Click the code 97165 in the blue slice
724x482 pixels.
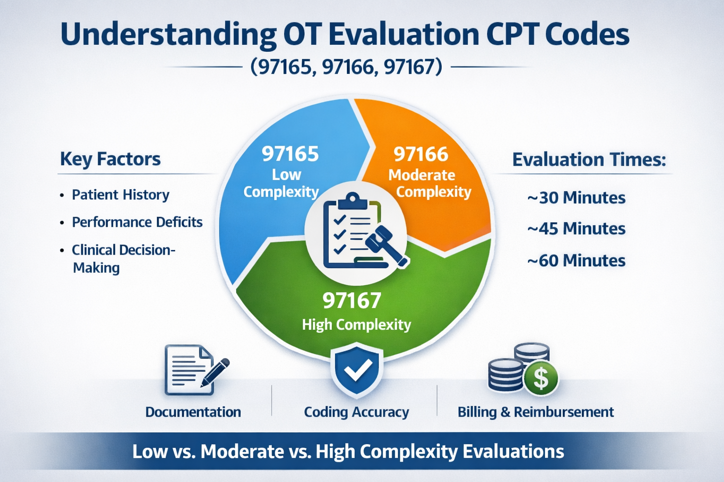click(x=290, y=154)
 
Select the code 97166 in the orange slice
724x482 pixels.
click(x=421, y=154)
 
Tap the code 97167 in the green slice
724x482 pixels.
click(x=352, y=301)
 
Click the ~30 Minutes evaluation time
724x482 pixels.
click(x=576, y=198)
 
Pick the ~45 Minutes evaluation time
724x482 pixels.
click(x=576, y=229)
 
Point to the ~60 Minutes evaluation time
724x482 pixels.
click(x=576, y=260)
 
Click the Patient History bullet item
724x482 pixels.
click(x=120, y=195)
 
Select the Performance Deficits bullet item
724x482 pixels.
click(x=137, y=222)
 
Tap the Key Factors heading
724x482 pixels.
click(x=110, y=159)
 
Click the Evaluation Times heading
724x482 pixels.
click(x=589, y=160)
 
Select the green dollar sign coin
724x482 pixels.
click(x=541, y=378)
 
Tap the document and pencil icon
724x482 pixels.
click(x=194, y=370)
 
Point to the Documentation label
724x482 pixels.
click(x=193, y=412)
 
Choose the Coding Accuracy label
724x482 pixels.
click(x=356, y=412)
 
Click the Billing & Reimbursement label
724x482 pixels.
click(x=535, y=412)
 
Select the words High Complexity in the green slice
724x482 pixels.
click(x=356, y=325)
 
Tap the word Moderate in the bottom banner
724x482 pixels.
click(x=242, y=451)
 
